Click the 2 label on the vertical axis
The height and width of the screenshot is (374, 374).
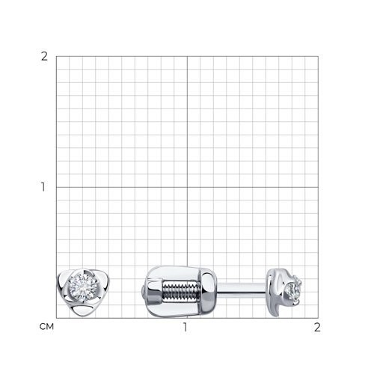click(44, 57)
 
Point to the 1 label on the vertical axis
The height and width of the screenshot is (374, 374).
click(43, 187)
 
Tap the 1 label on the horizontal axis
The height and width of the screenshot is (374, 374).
click(185, 327)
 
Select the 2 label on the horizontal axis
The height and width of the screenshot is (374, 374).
click(317, 327)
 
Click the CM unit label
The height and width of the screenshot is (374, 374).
click(46, 327)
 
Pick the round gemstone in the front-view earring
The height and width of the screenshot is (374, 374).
click(83, 286)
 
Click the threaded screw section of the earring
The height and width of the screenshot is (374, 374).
click(181, 291)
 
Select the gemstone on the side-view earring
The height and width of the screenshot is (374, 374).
click(294, 289)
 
